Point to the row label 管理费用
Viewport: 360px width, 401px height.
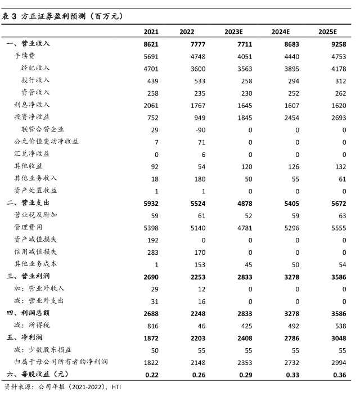29,227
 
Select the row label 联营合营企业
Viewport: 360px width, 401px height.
43,129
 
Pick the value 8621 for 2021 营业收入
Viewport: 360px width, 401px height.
151,44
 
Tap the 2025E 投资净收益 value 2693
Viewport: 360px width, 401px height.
336,117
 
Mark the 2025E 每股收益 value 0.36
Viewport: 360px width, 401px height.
337,374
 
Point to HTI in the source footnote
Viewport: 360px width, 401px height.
116,387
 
